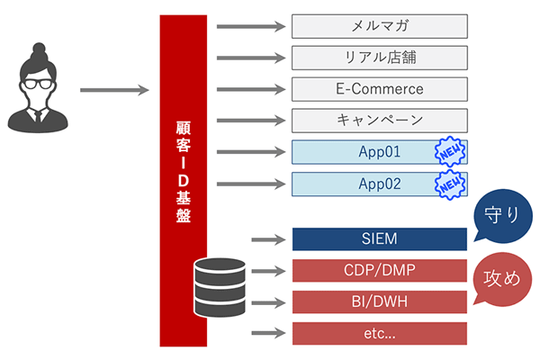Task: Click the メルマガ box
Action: tap(379, 27)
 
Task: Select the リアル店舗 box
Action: tap(379, 58)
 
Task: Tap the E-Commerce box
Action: tap(379, 90)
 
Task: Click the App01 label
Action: tap(378, 153)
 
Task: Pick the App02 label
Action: tap(378, 184)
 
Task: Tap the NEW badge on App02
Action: tap(448, 184)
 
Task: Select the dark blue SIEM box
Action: tap(379, 239)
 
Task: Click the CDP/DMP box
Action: tap(379, 270)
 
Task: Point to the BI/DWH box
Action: tap(379, 301)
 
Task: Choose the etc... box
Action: tap(379, 333)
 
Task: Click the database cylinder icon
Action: tap(220, 286)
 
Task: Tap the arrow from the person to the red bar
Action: tap(113, 90)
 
